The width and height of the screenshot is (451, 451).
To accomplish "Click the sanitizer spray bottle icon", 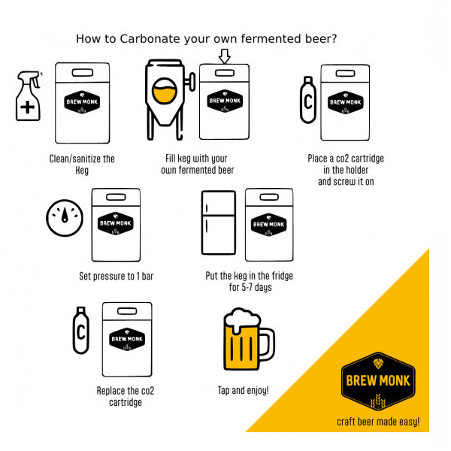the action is pyautogui.click(x=28, y=95).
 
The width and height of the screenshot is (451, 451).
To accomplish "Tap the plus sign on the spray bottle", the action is pyautogui.click(x=28, y=107).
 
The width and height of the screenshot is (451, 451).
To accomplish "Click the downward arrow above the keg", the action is pyautogui.click(x=224, y=56).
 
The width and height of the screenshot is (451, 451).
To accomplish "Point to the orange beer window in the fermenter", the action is pyautogui.click(x=164, y=91).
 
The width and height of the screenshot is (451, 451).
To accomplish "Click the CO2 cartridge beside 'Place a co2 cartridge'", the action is pyautogui.click(x=308, y=100).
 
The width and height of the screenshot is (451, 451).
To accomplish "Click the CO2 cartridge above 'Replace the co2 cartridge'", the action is pyautogui.click(x=81, y=330).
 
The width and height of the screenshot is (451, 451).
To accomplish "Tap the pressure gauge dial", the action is pyautogui.click(x=65, y=218).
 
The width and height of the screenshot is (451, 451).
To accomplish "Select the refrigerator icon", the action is pyautogui.click(x=219, y=222).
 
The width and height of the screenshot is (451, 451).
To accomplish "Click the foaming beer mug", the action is pyautogui.click(x=249, y=339).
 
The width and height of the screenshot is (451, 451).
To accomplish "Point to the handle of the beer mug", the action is pyautogui.click(x=268, y=344).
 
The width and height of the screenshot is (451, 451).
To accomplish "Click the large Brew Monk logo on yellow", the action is pyautogui.click(x=378, y=381).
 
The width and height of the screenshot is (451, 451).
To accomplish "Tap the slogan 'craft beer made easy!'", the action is pyautogui.click(x=378, y=422).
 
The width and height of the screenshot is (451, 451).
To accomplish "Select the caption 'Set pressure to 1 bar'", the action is pyautogui.click(x=117, y=276).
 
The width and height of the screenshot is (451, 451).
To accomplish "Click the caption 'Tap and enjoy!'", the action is pyautogui.click(x=244, y=390).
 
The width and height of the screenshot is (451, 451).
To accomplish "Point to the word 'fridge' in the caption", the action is pyautogui.click(x=283, y=276).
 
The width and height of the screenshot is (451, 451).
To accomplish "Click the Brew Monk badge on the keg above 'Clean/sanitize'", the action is pyautogui.click(x=82, y=102).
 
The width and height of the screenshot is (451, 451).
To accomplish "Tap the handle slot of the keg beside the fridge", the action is pyautogui.click(x=269, y=197).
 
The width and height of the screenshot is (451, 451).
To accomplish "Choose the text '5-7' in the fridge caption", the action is pyautogui.click(x=247, y=287).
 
